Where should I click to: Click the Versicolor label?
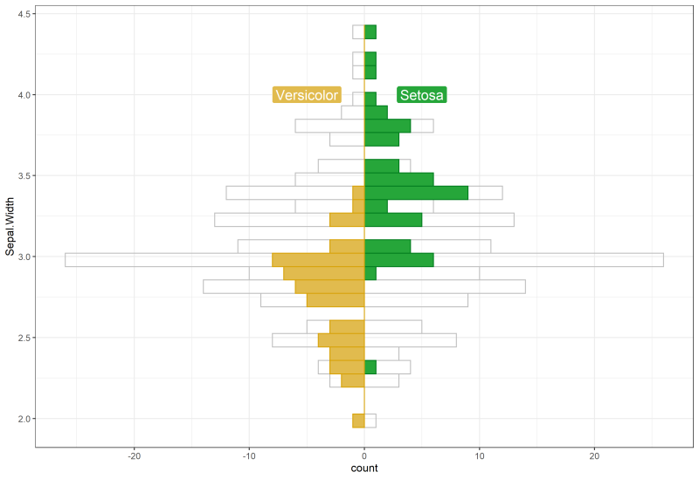pos(306,95)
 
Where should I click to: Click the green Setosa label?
pos(422,95)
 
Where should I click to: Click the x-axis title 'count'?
pos(364,469)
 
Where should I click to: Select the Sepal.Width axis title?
pos(10,229)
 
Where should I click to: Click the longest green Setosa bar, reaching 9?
pos(416,193)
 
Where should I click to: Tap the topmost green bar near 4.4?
pos(370,32)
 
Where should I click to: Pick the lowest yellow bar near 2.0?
pos(358,421)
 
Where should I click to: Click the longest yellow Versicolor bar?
pos(318,260)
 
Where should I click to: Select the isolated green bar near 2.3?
pos(370,367)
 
